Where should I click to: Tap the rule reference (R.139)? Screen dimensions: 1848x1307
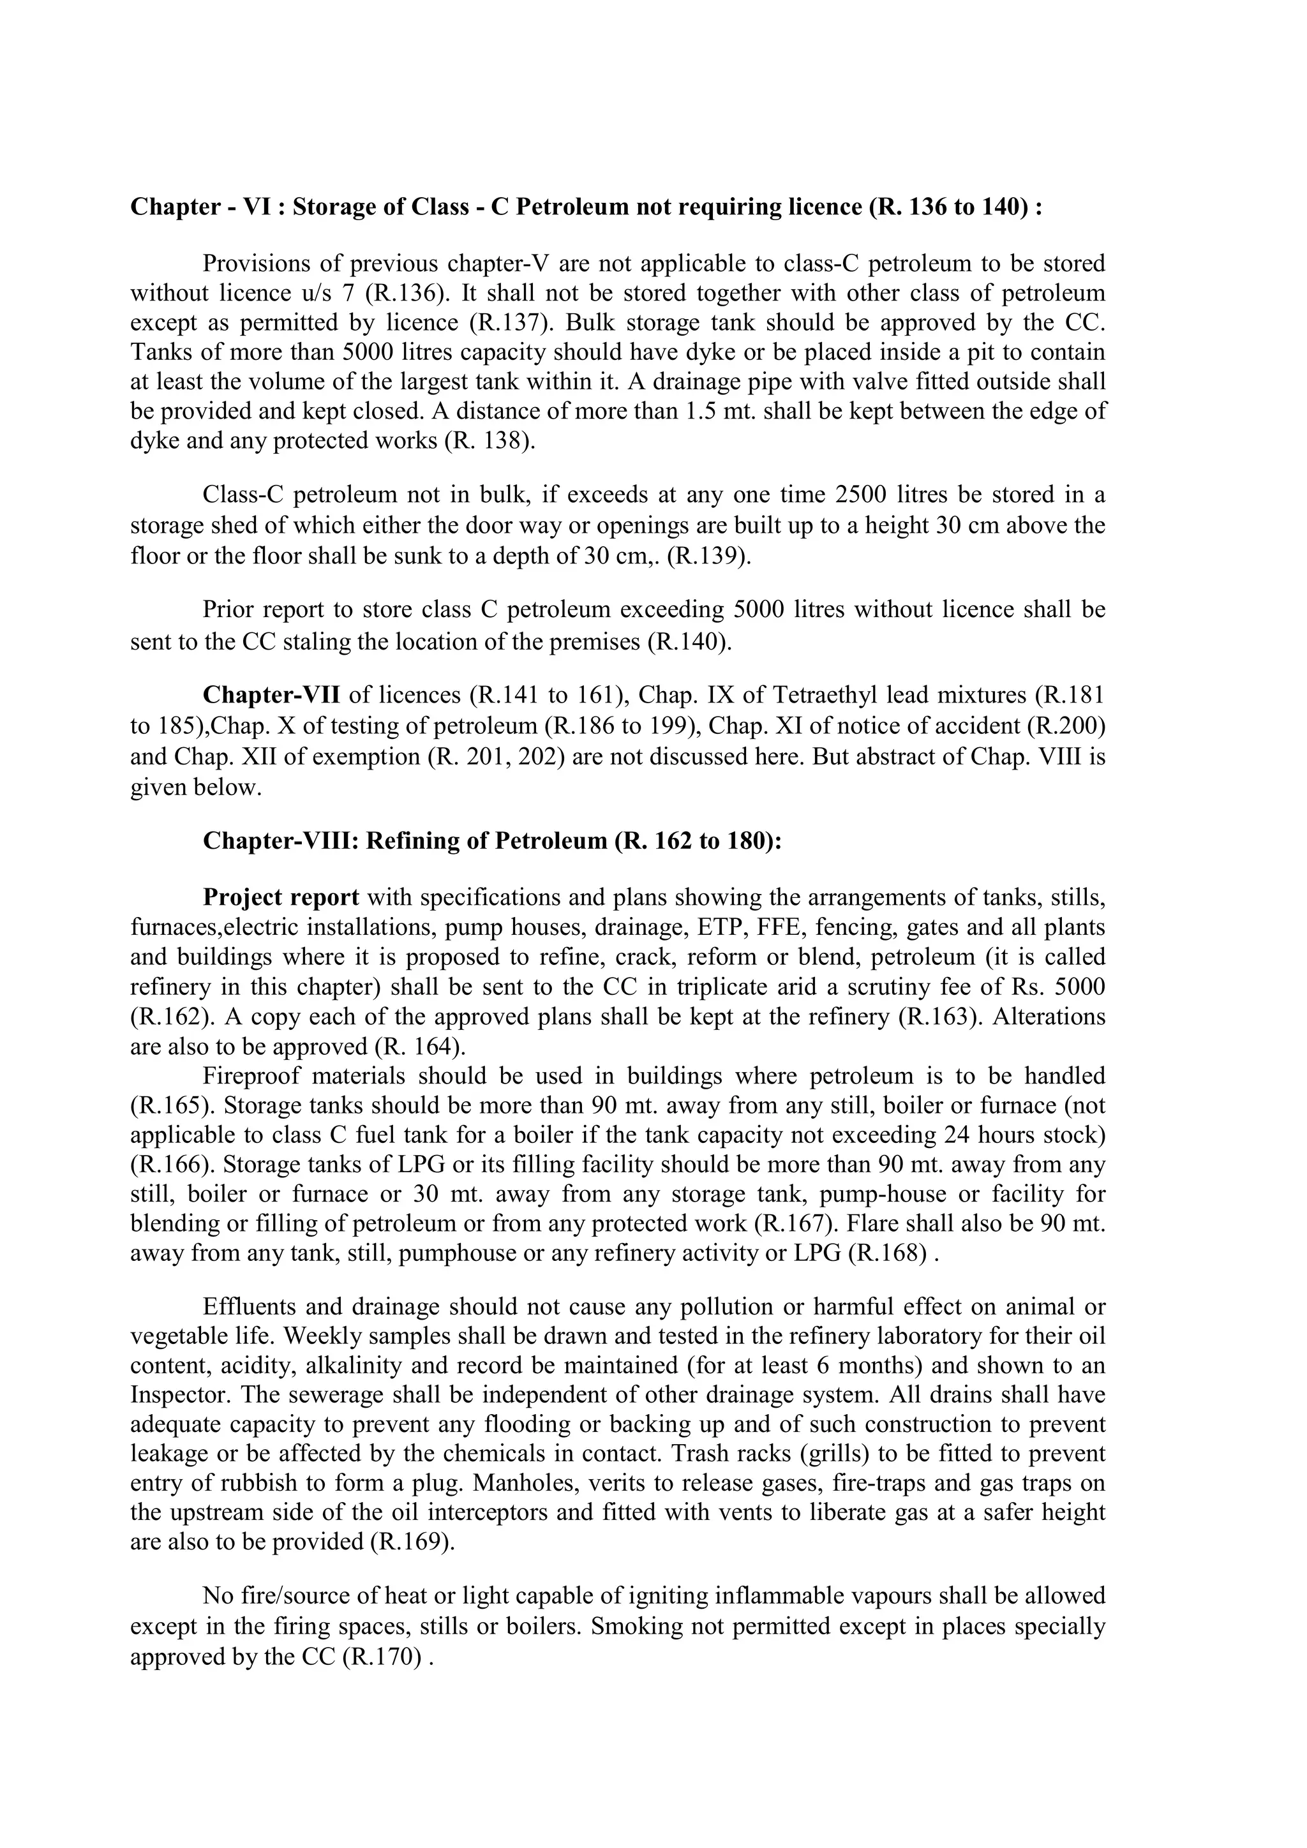pyautogui.click(x=708, y=556)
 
